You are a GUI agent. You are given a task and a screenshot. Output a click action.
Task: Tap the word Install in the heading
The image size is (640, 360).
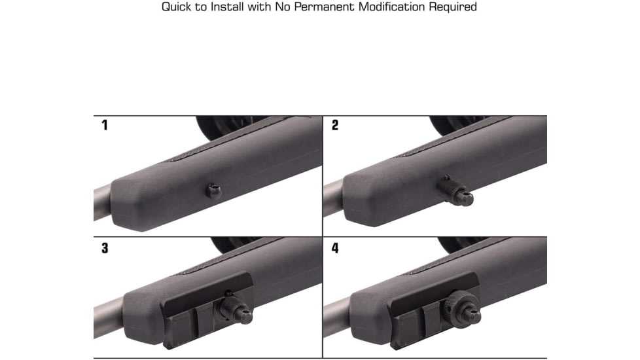pos(227,7)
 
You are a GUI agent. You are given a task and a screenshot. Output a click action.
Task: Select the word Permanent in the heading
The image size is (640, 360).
pos(325,7)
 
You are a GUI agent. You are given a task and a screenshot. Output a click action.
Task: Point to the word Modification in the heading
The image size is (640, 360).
pos(391,7)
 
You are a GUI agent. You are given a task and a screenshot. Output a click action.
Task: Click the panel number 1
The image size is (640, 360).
pos(105,125)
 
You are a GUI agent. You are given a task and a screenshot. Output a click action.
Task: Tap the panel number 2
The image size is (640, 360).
pos(334,125)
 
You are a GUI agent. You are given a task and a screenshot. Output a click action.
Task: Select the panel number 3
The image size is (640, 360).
pos(105,248)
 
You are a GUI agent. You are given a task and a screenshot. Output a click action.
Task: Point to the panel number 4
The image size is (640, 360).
pos(335,248)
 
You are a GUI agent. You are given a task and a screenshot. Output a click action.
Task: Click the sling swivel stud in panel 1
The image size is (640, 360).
pos(214,191)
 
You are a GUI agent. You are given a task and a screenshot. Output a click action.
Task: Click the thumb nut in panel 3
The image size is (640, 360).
pos(235,309)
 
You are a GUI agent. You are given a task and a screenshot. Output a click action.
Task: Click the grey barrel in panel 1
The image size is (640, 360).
pos(102,204)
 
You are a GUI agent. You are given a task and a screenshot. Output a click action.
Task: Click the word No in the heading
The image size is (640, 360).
pos(282,7)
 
